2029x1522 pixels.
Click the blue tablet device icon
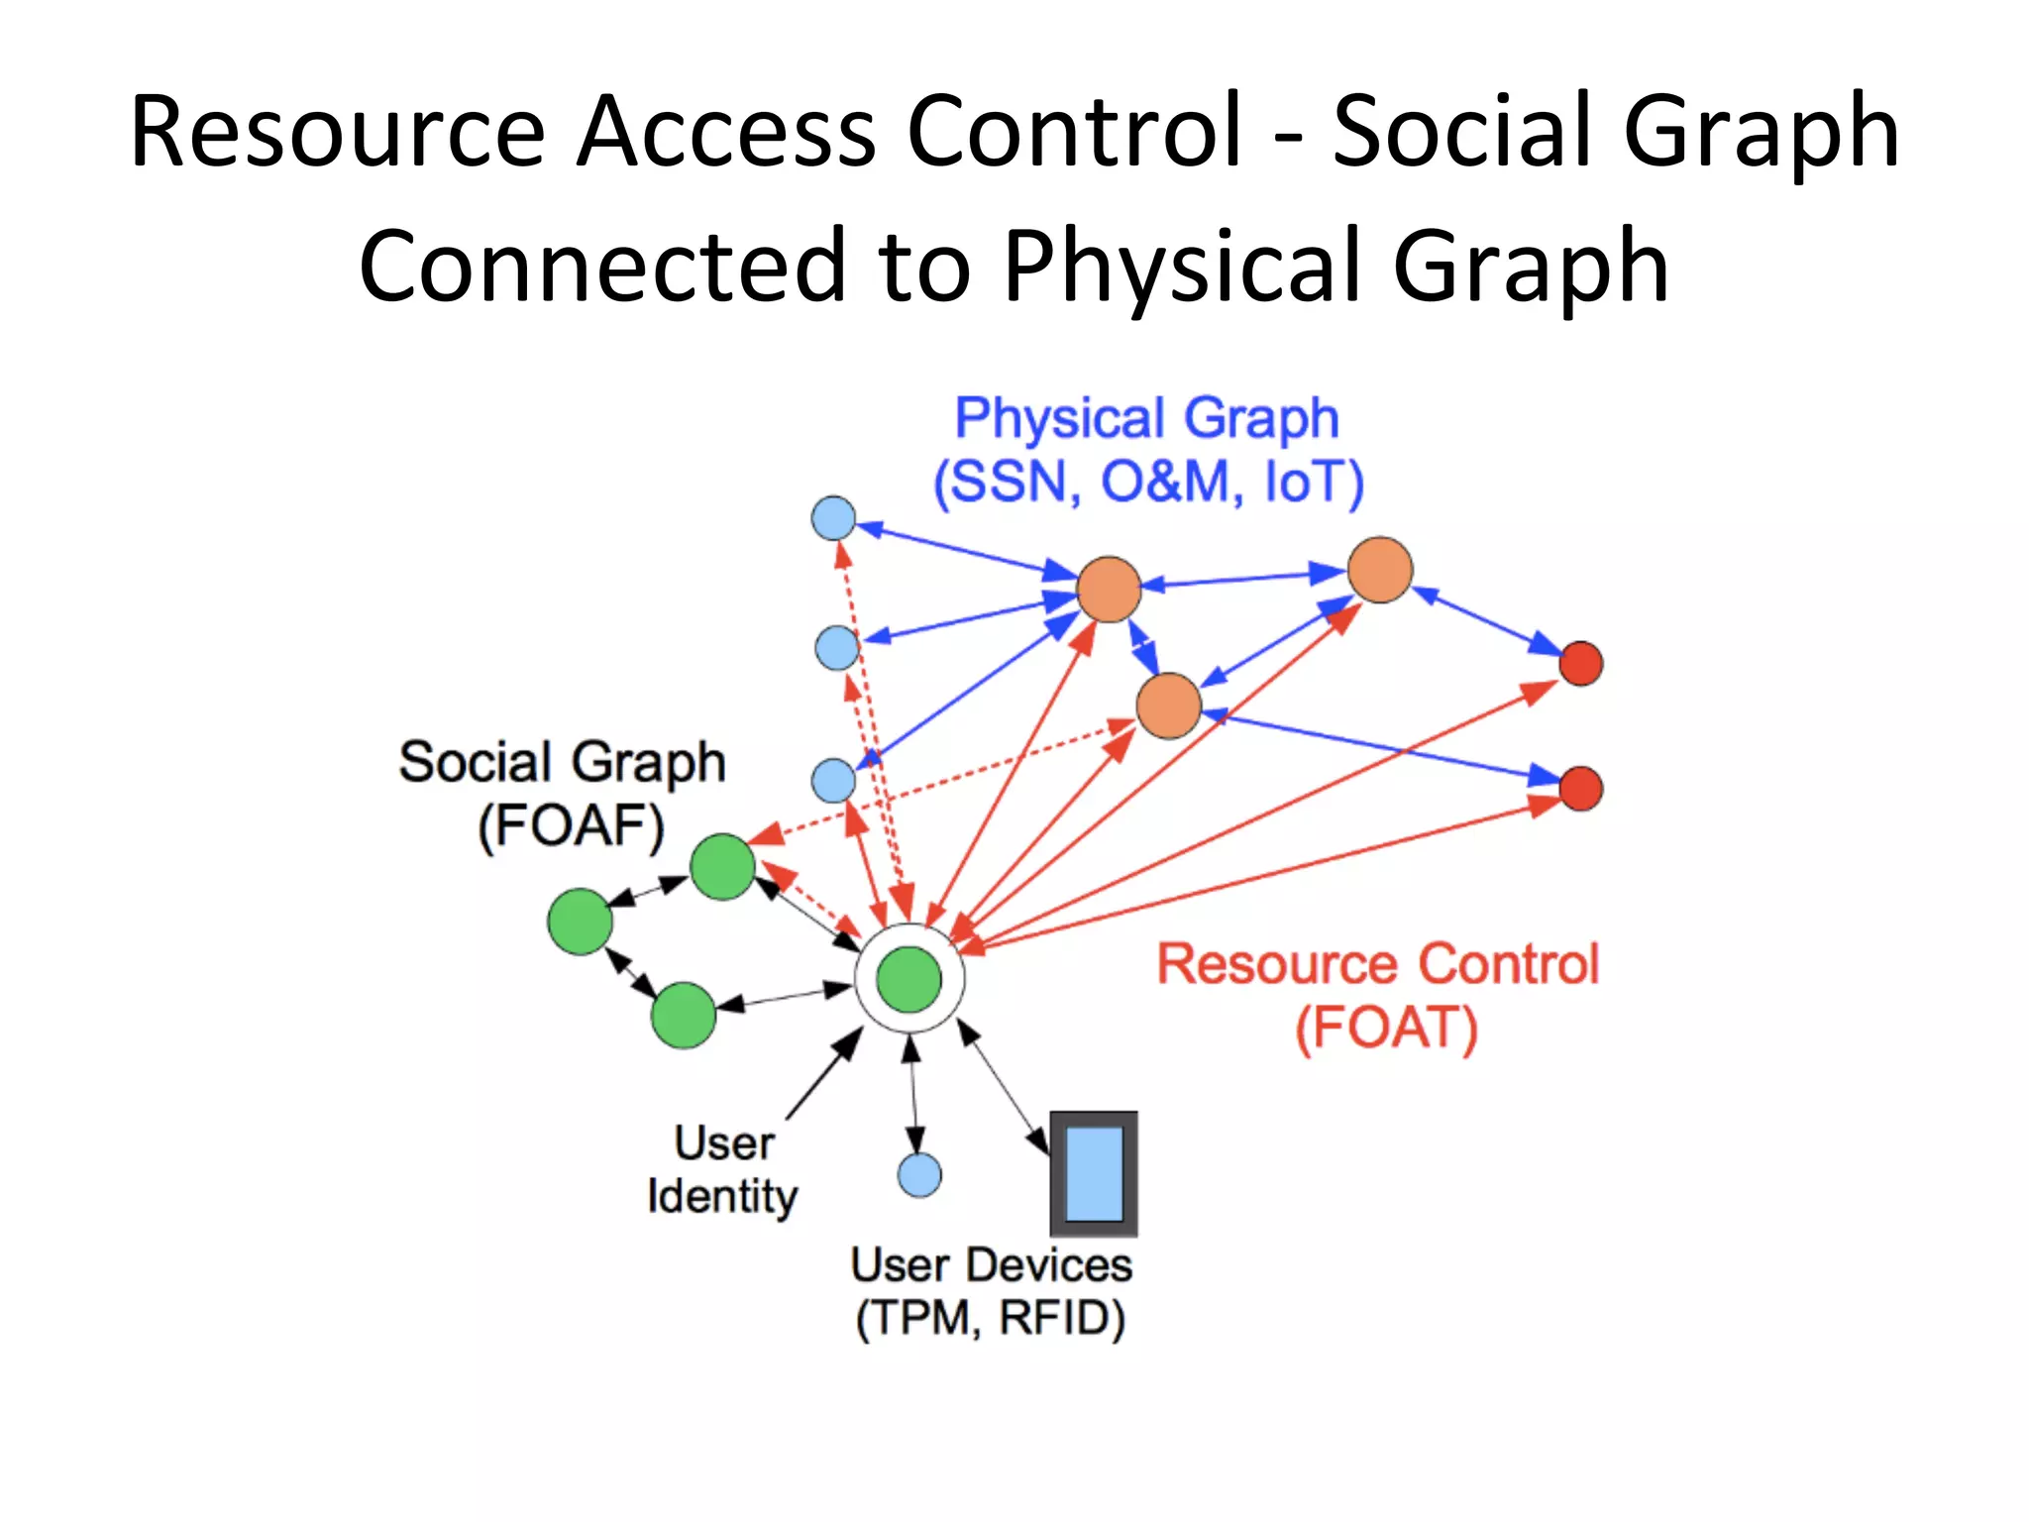point(1094,1173)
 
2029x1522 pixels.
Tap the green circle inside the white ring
point(909,979)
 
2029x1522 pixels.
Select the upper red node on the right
point(1580,663)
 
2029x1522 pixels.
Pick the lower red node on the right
point(1580,789)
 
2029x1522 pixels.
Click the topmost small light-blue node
point(833,517)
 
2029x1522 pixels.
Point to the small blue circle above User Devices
point(919,1175)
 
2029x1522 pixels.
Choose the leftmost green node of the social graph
point(580,922)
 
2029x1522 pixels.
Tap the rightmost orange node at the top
point(1380,570)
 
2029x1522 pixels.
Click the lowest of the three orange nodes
point(1169,706)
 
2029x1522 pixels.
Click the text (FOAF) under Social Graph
point(571,825)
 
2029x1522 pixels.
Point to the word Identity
point(722,1196)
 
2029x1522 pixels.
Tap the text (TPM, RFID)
point(991,1318)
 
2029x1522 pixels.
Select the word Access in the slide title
point(726,131)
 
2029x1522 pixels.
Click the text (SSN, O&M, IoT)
point(1149,483)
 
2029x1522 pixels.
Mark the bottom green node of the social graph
point(684,1016)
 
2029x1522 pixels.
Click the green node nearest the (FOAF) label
point(722,867)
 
